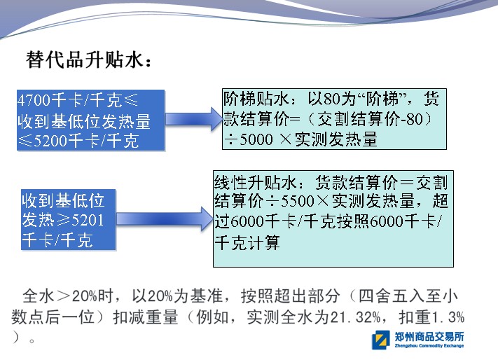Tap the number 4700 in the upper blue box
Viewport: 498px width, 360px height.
(x=34, y=100)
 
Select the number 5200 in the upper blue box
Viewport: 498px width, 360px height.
(x=50, y=141)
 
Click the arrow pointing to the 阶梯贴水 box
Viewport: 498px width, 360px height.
(x=194, y=119)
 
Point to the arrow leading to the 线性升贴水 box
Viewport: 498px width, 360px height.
(x=165, y=219)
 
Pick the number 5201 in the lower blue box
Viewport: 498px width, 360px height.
(x=88, y=220)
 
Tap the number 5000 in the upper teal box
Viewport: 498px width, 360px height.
(x=256, y=139)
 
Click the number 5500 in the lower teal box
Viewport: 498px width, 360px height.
(x=297, y=201)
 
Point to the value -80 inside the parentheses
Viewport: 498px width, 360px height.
(x=412, y=119)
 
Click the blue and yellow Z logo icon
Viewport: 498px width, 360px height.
(x=381, y=340)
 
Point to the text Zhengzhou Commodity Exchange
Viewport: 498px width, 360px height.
(x=429, y=346)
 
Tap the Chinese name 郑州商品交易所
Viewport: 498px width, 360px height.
(x=429, y=336)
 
